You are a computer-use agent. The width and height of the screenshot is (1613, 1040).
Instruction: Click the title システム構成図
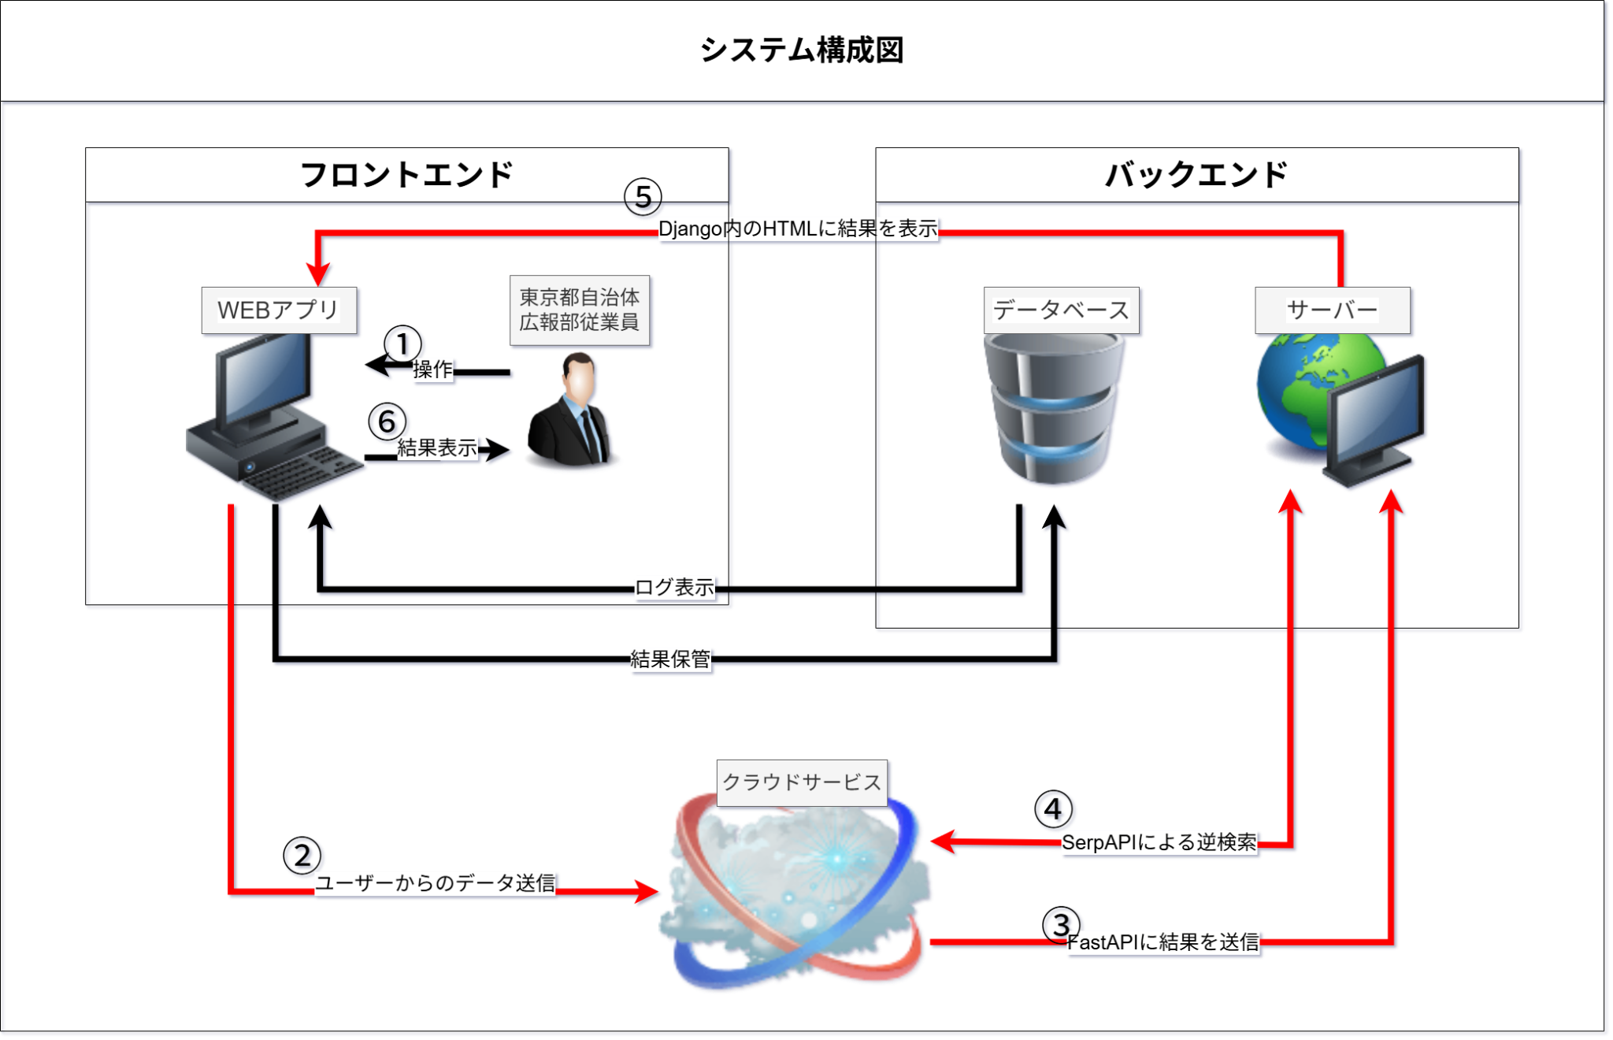[802, 50]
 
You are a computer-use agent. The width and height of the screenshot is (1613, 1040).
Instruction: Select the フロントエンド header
[406, 175]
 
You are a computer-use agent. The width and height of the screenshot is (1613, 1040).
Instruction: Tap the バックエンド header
[1196, 175]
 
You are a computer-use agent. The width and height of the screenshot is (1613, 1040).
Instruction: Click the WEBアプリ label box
[279, 310]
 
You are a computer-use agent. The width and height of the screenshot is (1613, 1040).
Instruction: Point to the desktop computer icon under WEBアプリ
[268, 418]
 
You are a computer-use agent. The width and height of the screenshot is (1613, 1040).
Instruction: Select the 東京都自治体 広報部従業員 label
[580, 310]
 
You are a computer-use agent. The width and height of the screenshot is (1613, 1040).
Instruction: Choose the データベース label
[1062, 310]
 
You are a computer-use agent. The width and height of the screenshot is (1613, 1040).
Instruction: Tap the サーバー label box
[1333, 310]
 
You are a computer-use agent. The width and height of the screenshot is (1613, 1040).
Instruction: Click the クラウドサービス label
[802, 782]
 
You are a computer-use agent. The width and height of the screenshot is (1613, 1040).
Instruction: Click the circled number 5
[643, 197]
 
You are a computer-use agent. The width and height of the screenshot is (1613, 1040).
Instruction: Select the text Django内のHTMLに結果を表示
[798, 229]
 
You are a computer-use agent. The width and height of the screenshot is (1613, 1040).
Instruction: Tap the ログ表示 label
[674, 587]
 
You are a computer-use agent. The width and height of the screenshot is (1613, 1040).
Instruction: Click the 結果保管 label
[671, 659]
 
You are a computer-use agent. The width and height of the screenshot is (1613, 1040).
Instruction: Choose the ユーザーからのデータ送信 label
[436, 883]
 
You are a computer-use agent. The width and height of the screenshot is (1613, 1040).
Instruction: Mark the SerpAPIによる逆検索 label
[1159, 843]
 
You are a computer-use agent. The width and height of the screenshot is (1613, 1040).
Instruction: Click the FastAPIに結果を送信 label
[1163, 942]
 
